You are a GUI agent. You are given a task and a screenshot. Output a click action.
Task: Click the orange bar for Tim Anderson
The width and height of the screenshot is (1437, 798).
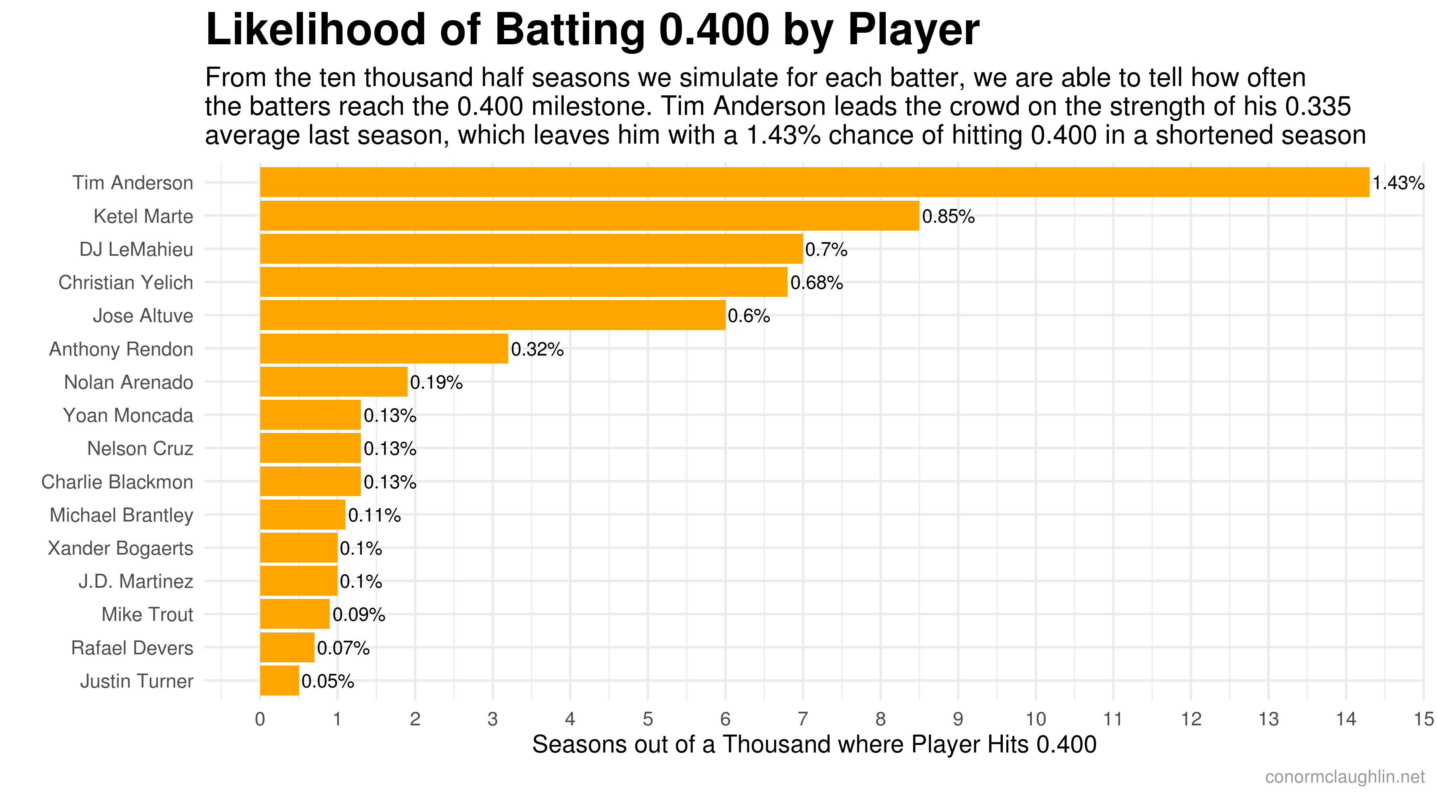pyautogui.click(x=814, y=182)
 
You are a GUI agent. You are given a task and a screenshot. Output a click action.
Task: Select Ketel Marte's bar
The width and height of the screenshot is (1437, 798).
pyautogui.click(x=589, y=216)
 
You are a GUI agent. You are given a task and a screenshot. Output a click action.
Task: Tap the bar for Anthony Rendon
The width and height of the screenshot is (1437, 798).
pyautogui.click(x=384, y=349)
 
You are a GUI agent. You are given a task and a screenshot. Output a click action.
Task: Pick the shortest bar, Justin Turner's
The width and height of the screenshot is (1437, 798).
pyautogui.click(x=279, y=680)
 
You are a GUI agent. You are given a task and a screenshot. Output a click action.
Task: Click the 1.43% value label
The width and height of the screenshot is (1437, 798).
pyautogui.click(x=1398, y=183)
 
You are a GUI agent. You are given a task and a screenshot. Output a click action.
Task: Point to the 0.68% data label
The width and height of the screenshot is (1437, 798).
pyautogui.click(x=816, y=283)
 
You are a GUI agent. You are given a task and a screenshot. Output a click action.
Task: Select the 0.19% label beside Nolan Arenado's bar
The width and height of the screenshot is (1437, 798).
pyautogui.click(x=435, y=383)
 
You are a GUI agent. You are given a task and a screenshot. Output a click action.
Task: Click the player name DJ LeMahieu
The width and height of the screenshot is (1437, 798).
pyautogui.click(x=136, y=249)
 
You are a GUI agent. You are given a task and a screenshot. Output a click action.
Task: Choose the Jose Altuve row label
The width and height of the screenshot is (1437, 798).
pyautogui.click(x=143, y=316)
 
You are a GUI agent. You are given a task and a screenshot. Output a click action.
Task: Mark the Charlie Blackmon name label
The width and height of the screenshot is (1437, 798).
pyautogui.click(x=117, y=482)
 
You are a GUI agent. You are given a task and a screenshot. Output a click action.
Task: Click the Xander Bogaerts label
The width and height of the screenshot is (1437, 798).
pyautogui.click(x=121, y=548)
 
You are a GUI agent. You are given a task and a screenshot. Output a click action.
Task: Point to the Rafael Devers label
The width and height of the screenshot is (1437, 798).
pyautogui.click(x=132, y=648)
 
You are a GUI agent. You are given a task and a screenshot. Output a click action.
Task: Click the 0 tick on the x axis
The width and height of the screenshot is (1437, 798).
pyautogui.click(x=260, y=719)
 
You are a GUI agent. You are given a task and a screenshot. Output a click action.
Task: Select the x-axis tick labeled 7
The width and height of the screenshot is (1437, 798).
pyautogui.click(x=803, y=719)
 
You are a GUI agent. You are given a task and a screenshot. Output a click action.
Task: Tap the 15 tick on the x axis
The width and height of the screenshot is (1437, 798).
pyautogui.click(x=1423, y=719)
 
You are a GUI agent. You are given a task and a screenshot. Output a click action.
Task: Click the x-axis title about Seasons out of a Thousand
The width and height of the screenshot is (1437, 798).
pyautogui.click(x=814, y=745)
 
